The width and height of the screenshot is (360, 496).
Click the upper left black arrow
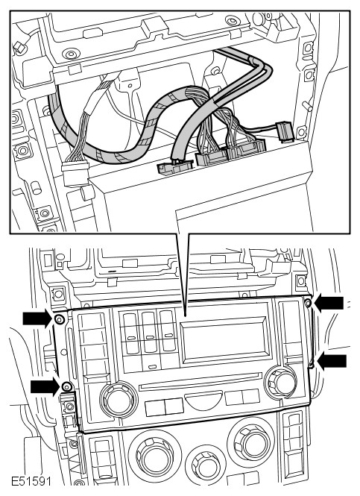tap(37, 318)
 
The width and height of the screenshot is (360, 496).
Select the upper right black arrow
tap(329, 303)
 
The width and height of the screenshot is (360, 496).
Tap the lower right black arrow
tap(332, 361)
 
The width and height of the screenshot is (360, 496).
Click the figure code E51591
tap(31, 482)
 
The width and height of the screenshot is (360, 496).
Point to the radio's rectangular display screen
tap(225, 341)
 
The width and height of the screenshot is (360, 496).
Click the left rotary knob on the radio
tap(119, 398)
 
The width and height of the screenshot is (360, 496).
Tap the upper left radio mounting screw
tap(59, 319)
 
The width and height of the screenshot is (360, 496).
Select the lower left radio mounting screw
tap(66, 386)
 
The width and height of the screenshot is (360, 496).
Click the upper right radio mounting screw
tap(308, 304)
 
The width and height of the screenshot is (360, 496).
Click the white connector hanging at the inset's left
tap(75, 173)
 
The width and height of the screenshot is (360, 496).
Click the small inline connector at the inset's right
tap(285, 132)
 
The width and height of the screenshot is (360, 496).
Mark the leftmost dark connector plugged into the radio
tap(175, 166)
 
